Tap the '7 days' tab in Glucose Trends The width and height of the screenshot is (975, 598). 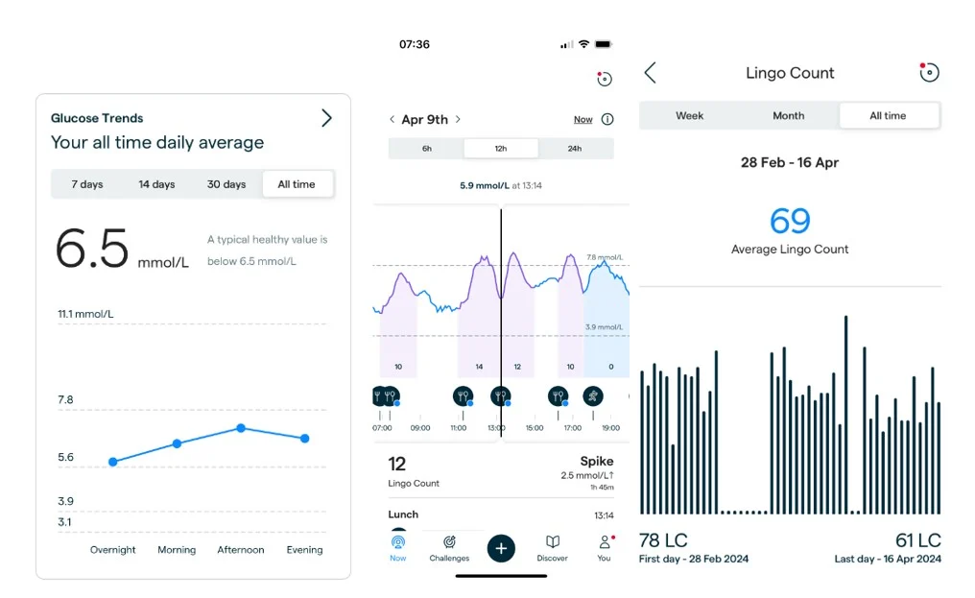point(86,184)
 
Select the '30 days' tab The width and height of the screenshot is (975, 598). point(226,184)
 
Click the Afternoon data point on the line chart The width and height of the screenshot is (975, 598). point(241,428)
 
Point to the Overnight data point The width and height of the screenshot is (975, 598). point(113,462)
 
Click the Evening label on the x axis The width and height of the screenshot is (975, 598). point(304,550)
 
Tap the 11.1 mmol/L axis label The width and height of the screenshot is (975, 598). point(86,314)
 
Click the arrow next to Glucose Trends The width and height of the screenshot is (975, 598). point(326,118)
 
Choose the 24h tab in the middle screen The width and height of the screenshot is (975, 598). point(575,149)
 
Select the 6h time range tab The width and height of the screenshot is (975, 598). point(426,149)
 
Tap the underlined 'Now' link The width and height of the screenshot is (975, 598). point(583,120)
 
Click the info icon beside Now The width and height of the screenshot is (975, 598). point(606,120)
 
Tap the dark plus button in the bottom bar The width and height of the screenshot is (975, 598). point(501,548)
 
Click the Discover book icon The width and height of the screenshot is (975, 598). point(553,542)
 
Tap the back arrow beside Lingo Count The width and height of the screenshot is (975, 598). point(650,73)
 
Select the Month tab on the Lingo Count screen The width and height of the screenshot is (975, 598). point(788,116)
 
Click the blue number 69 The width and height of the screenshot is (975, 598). point(790,221)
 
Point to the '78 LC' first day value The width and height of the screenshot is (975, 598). point(663,540)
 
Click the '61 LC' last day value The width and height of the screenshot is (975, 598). point(916,540)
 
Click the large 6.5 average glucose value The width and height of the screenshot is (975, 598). point(92,249)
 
